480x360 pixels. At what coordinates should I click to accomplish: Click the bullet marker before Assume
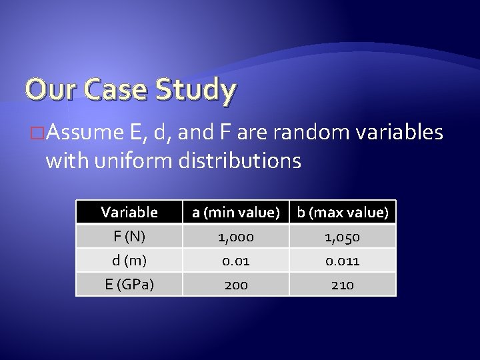tap(38, 134)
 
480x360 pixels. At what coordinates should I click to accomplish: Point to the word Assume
tap(83, 134)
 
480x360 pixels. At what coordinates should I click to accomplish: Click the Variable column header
tap(129, 213)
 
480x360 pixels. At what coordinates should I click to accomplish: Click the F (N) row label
tap(129, 237)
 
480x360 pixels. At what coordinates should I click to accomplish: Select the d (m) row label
tap(129, 261)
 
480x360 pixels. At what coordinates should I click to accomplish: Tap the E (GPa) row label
tap(129, 285)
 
